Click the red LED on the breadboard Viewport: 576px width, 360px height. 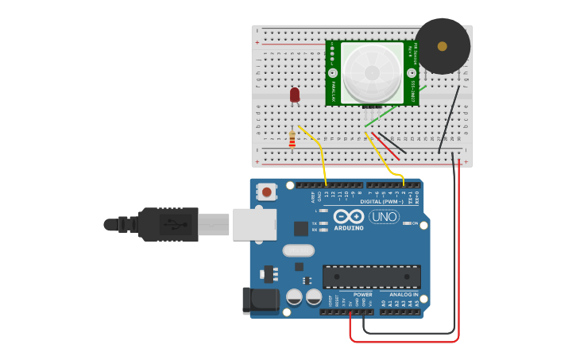pos(295,95)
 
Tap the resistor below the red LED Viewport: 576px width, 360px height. pos(292,141)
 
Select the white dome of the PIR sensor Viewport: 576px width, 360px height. pos(372,71)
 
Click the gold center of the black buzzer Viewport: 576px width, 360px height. pos(443,46)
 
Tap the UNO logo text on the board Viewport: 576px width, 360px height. pos(384,217)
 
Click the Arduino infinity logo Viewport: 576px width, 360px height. pos(349,217)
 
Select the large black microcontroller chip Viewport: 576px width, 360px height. pos(371,277)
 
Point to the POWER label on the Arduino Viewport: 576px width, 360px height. pos(362,294)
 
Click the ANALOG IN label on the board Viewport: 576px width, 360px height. pos(404,294)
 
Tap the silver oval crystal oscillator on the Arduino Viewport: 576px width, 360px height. pos(299,250)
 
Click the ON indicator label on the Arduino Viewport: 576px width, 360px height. pos(415,223)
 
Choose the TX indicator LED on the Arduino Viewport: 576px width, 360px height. pos(324,223)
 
